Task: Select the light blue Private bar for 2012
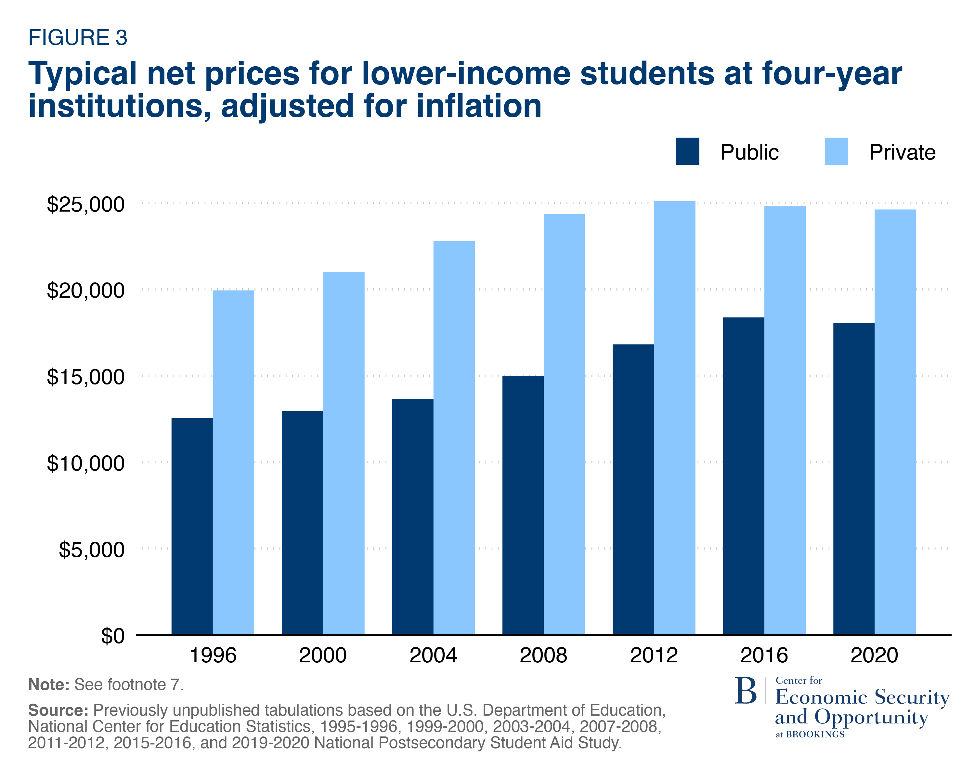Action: (x=674, y=418)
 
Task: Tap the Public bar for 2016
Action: (x=744, y=476)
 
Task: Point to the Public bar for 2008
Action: (x=523, y=505)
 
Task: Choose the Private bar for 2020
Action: (x=895, y=422)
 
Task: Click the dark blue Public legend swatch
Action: (x=687, y=151)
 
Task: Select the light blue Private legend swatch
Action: (x=836, y=151)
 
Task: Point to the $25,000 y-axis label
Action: (x=85, y=204)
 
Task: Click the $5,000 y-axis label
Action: (x=91, y=550)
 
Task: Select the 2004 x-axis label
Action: (x=433, y=655)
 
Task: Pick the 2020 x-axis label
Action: (x=874, y=655)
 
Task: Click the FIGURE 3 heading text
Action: (x=78, y=37)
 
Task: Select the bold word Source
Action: (x=58, y=710)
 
